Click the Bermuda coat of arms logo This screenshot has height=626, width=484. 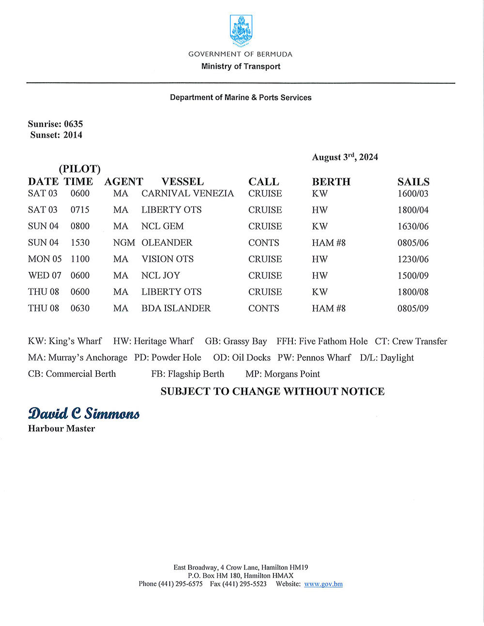(241, 30)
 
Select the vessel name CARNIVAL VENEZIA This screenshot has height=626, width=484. (187, 194)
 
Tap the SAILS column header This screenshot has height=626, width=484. (413, 182)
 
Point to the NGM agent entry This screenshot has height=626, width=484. (124, 243)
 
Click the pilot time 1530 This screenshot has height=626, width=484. (80, 243)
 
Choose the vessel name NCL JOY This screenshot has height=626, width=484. (161, 276)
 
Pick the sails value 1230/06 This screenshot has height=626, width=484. (413, 259)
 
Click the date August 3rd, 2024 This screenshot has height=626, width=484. (345, 157)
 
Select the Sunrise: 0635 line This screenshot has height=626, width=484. (55, 124)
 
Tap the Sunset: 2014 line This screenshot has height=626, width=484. (56, 135)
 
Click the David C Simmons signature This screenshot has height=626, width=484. (84, 414)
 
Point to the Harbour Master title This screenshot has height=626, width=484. (61, 429)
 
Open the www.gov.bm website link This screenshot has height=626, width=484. (323, 584)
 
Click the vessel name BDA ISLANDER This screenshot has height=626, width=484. (176, 309)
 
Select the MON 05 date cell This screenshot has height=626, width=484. (45, 259)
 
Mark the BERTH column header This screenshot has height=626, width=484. (331, 182)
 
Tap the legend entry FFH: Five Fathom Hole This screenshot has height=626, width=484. (322, 342)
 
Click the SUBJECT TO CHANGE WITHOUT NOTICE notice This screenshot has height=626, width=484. (272, 391)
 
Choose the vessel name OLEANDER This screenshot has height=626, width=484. (166, 243)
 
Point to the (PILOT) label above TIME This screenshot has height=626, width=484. (80, 169)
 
